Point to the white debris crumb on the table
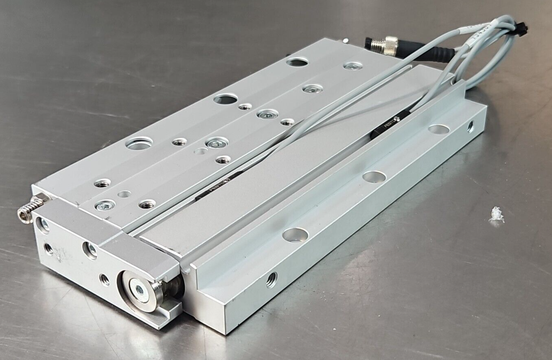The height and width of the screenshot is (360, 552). click(x=496, y=215)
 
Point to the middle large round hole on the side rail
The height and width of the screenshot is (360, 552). click(x=374, y=177)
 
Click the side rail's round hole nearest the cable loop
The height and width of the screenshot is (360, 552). click(x=438, y=129)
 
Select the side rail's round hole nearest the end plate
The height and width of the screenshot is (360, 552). click(x=295, y=235)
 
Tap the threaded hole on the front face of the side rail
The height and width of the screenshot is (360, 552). click(x=272, y=280)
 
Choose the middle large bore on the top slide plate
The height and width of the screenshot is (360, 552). click(x=226, y=99)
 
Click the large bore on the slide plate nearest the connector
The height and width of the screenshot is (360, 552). click(x=297, y=62)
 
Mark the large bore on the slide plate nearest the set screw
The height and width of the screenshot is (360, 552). click(x=139, y=143)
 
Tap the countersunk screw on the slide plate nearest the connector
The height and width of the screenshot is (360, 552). click(x=353, y=66)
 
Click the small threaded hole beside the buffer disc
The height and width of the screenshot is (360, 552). click(x=104, y=279)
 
